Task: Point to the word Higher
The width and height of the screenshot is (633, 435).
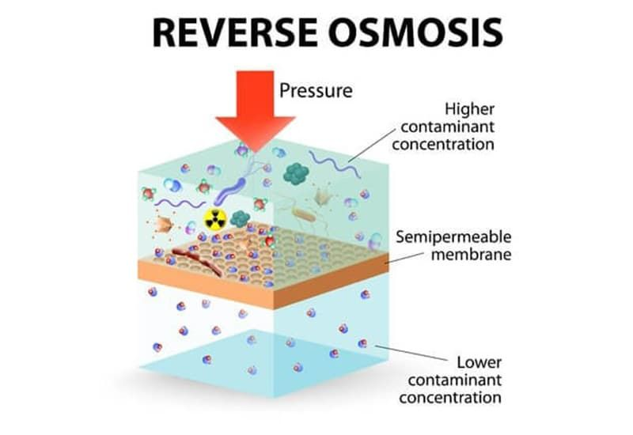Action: click(x=468, y=109)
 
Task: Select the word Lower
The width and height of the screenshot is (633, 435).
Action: click(x=477, y=363)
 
